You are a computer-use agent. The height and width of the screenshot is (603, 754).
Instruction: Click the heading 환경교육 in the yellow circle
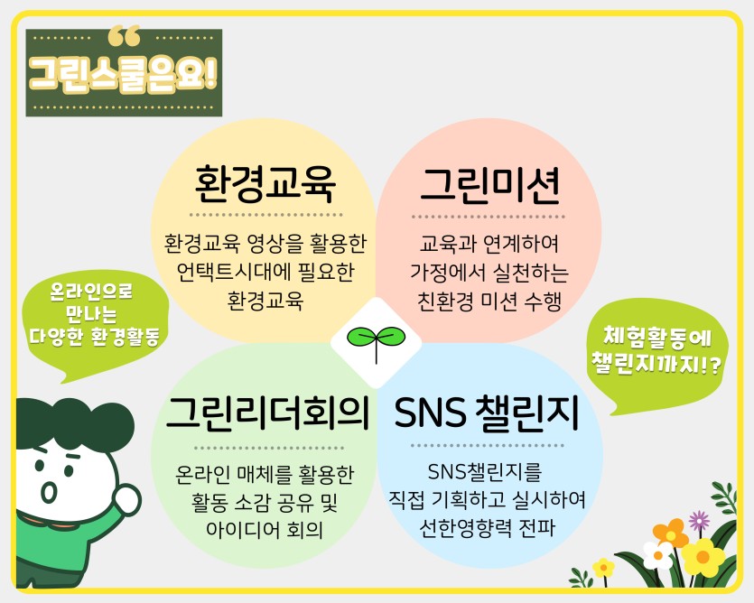click(x=265, y=185)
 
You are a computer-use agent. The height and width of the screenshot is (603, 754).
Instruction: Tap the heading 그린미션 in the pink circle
click(x=490, y=186)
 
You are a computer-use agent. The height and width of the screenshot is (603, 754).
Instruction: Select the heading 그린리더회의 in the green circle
click(x=268, y=413)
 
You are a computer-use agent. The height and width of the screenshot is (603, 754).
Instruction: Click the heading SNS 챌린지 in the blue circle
click(x=487, y=413)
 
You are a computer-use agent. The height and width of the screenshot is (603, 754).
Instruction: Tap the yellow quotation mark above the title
click(x=124, y=36)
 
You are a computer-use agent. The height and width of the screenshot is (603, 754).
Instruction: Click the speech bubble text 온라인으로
click(x=91, y=291)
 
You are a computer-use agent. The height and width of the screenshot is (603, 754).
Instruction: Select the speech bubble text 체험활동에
click(x=656, y=336)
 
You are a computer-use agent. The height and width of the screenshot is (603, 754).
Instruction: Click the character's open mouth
click(x=48, y=491)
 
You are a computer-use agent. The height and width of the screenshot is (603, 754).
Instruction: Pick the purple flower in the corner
click(x=699, y=521)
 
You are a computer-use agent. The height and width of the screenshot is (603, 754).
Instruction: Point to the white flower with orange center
click(x=657, y=555)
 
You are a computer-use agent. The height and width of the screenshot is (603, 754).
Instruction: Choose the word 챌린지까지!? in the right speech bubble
click(x=656, y=364)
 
